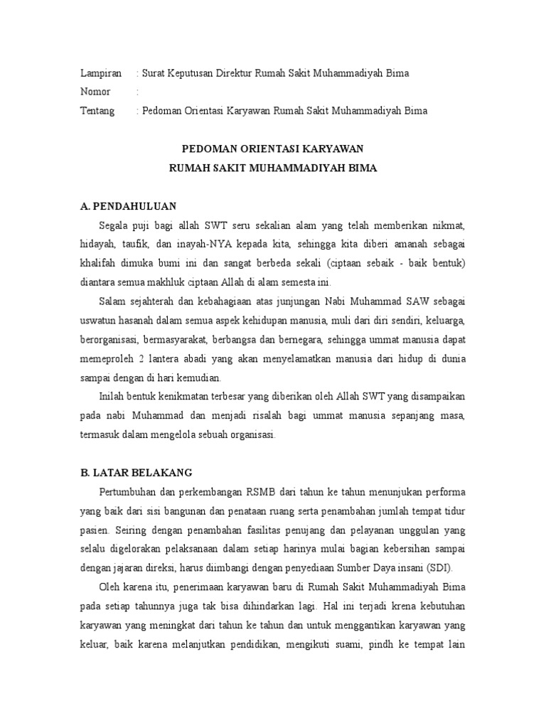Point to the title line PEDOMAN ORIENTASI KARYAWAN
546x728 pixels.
pos(273,149)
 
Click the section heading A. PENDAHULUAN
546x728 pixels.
pos(128,207)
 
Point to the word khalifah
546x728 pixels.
pos(98,263)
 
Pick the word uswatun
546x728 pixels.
pos(99,320)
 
